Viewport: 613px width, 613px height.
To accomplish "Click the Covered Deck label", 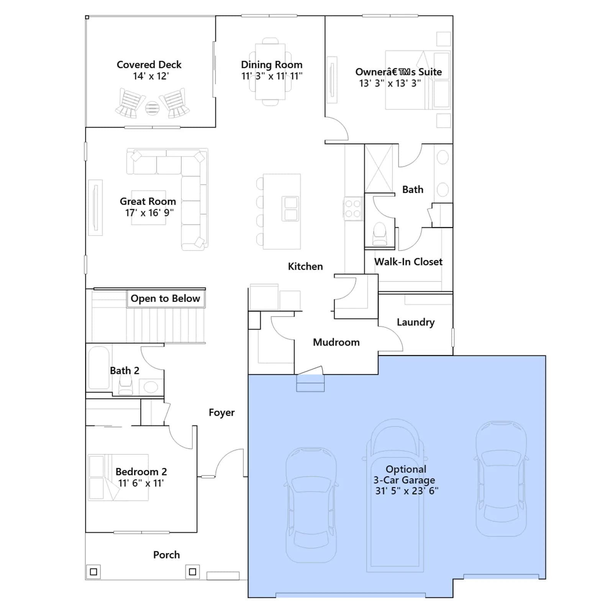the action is coord(149,64).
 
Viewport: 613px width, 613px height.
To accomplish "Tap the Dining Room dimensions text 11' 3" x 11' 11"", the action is coord(272,76).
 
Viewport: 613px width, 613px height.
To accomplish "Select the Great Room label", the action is coord(148,201).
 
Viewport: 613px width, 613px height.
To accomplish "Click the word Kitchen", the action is coord(305,266).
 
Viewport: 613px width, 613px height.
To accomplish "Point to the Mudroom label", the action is coord(336,342).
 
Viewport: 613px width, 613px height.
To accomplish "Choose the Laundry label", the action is coord(416,322).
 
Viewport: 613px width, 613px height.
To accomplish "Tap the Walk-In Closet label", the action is coord(408,262).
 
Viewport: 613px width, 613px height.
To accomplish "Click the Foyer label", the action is coord(221,413).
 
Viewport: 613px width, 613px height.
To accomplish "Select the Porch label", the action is coord(166,555).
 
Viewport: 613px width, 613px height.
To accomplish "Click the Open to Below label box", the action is coord(166,298).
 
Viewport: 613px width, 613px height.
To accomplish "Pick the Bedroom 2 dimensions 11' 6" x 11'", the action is coord(141,483).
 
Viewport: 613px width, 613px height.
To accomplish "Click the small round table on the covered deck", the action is coord(152,108).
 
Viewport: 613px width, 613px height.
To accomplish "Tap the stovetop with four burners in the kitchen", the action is coord(353,209).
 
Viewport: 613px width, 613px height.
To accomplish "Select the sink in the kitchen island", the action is coord(291,209).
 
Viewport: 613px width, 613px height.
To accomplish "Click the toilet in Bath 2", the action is coord(126,384).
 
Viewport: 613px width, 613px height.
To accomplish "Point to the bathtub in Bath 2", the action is coord(99,368).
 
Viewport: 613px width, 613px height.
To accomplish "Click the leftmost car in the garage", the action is coord(311,505).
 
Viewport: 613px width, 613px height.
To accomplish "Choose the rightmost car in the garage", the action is coord(501,479).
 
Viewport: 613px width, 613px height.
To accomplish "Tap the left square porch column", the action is coord(93,572).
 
